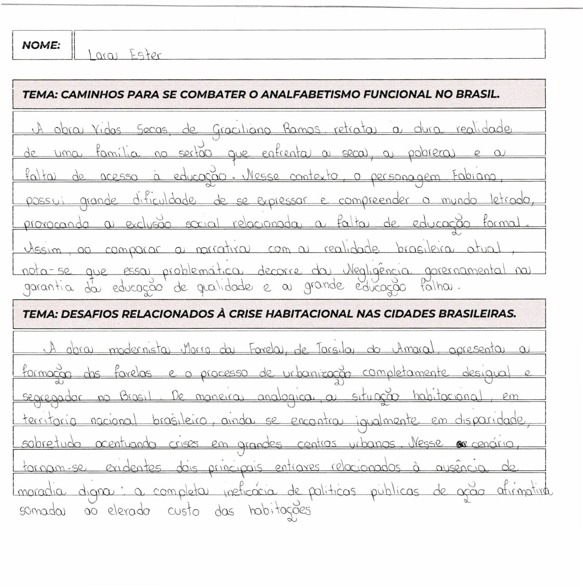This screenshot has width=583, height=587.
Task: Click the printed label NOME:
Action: [41, 46]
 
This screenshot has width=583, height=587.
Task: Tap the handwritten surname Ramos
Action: [301, 129]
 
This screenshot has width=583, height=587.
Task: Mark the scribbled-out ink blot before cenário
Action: [461, 444]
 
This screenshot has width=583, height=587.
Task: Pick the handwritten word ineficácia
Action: [254, 492]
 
